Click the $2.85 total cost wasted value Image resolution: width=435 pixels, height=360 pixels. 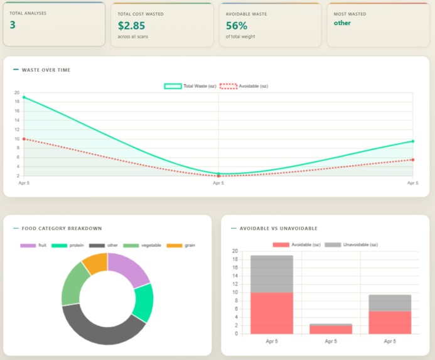(x=131, y=26)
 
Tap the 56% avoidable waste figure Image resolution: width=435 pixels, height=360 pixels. (x=237, y=26)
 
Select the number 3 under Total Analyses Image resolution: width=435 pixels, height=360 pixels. (x=13, y=25)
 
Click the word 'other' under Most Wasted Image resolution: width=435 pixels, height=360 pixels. (x=342, y=23)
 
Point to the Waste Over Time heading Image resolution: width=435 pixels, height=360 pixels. (x=46, y=70)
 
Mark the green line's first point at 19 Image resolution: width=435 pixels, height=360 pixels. (x=24, y=97)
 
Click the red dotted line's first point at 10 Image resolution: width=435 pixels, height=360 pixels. (x=24, y=139)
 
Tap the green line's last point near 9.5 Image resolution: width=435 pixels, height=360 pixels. (x=412, y=141)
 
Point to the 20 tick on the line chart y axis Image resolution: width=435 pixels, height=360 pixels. (x=17, y=92)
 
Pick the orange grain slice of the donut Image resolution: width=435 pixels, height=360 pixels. (x=96, y=263)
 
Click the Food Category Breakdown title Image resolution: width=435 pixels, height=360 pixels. (x=62, y=229)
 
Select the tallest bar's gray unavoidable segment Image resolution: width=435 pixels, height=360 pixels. (x=272, y=274)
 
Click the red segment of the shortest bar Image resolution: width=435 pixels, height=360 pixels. (x=331, y=329)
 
